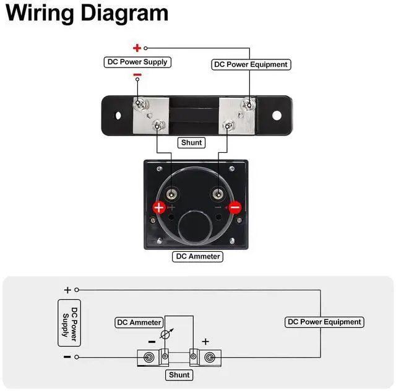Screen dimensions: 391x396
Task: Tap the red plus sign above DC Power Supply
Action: click(x=137, y=48)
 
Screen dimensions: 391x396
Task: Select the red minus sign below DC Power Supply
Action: click(x=137, y=75)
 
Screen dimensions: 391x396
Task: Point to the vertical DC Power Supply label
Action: click(x=69, y=322)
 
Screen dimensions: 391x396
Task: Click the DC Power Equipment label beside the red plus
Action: click(x=251, y=64)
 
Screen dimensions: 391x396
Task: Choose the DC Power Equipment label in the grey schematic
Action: click(x=324, y=322)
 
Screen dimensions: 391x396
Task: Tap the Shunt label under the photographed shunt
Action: click(x=191, y=142)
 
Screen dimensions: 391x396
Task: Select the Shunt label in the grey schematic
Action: click(x=179, y=375)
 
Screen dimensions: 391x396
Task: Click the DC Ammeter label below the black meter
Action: click(x=197, y=256)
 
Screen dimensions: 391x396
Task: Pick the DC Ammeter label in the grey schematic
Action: click(x=140, y=322)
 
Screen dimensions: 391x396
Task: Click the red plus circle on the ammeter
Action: click(x=159, y=208)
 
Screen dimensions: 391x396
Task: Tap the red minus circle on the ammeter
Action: click(x=235, y=207)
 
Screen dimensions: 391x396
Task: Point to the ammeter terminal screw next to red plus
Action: click(x=171, y=196)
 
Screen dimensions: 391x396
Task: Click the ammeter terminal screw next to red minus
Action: click(x=218, y=195)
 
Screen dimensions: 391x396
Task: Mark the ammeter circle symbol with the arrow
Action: click(x=164, y=335)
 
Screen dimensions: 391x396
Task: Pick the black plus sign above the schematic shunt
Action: click(x=205, y=341)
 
